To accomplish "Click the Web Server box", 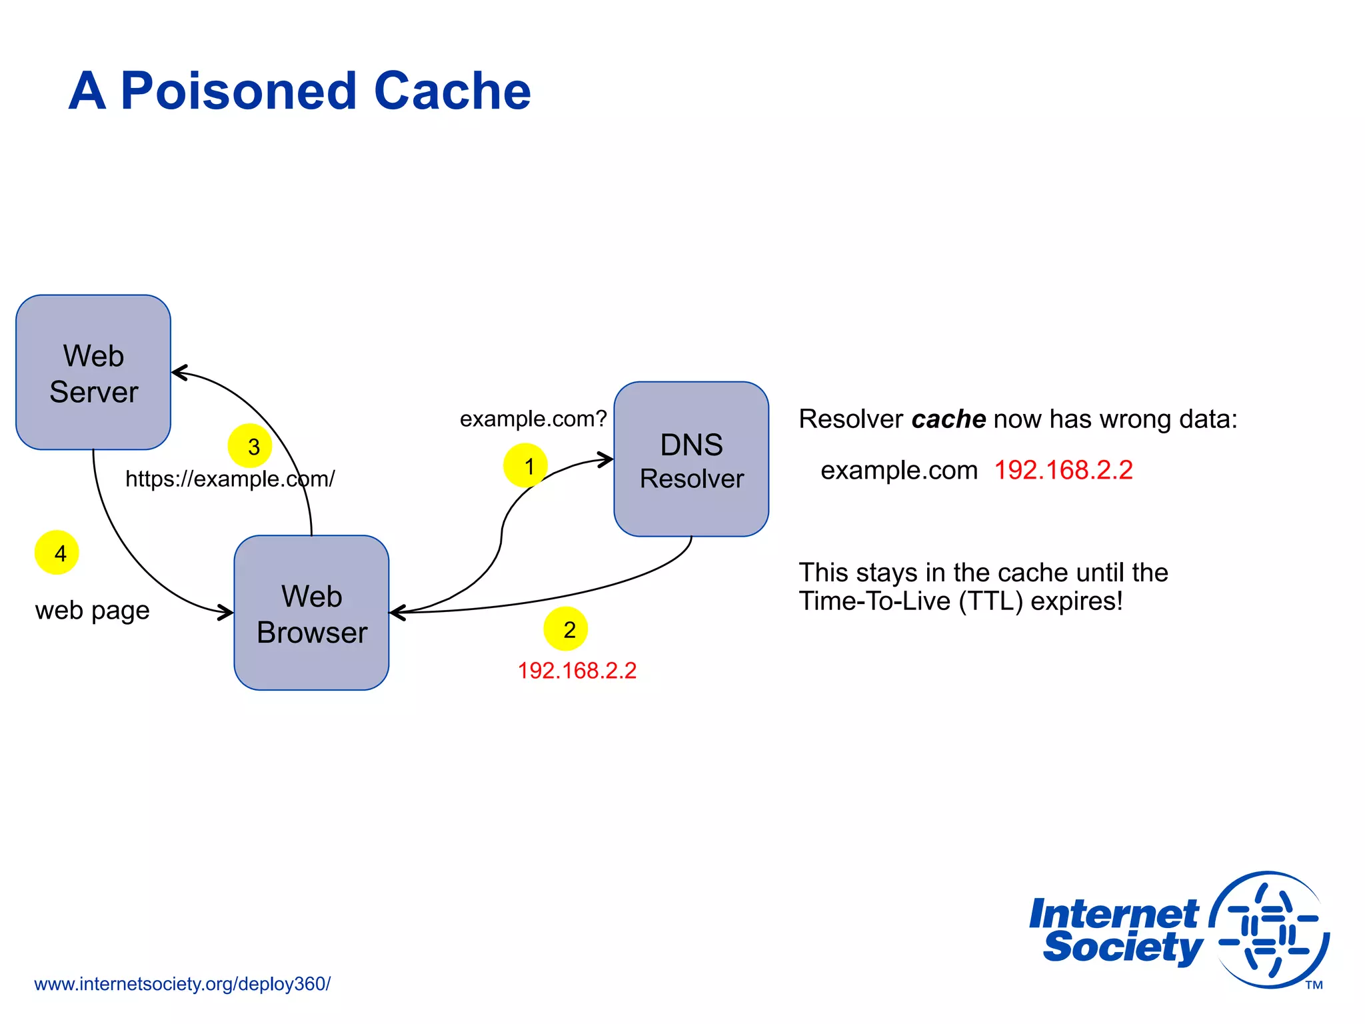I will click(x=93, y=373).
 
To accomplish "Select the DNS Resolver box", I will click(x=691, y=459).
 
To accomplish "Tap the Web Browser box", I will click(x=311, y=613).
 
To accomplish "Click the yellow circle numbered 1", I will click(x=525, y=465).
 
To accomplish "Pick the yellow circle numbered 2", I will click(x=565, y=629).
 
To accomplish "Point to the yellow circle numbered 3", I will click(x=250, y=446).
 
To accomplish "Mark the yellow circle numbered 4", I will click(x=57, y=553).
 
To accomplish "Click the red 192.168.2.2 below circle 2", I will click(x=577, y=671).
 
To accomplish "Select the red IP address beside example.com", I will click(x=1063, y=470).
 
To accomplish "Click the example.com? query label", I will click(x=533, y=419).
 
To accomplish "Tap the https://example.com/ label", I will click(x=230, y=479).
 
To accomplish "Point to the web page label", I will click(x=92, y=611).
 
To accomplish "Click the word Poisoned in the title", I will click(x=239, y=91).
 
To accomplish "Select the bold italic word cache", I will click(x=948, y=419).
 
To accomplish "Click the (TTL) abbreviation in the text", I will click(x=991, y=601).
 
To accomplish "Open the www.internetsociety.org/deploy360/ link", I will click(x=182, y=984).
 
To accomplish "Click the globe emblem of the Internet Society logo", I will click(x=1269, y=930).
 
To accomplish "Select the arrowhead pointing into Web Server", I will click(x=179, y=373).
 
